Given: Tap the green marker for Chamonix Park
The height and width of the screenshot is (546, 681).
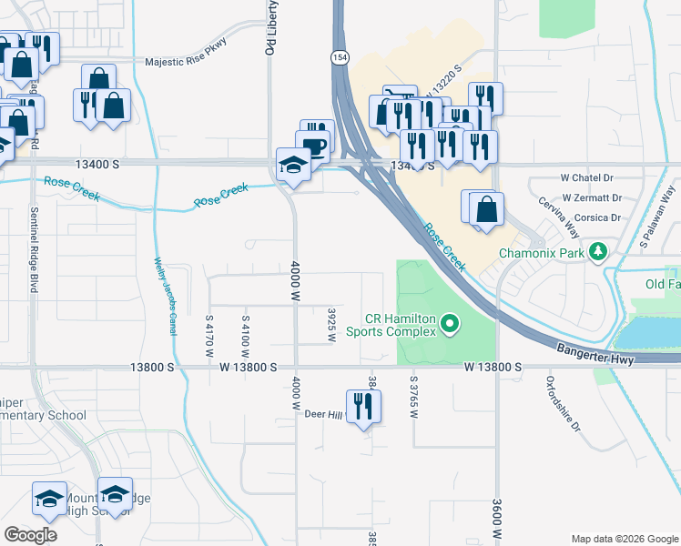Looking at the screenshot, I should click(x=598, y=251).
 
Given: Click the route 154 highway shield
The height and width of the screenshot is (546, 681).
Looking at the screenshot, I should click(x=339, y=57).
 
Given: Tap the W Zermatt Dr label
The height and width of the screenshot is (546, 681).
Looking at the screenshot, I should click(x=592, y=197).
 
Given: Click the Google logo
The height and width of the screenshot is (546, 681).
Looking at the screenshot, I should click(x=31, y=534).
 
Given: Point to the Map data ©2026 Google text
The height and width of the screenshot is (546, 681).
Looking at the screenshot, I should click(x=624, y=538).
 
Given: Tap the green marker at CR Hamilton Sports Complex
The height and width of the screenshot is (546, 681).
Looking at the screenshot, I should click(x=448, y=322).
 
